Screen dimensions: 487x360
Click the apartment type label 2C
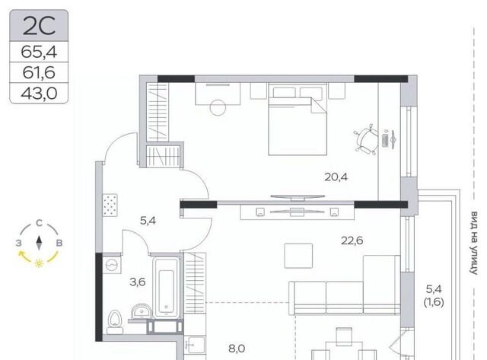pos(39,26)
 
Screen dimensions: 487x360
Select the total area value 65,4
pos(39,52)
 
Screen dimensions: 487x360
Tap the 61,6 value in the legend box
pos(39,72)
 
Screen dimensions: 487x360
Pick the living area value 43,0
pos(39,93)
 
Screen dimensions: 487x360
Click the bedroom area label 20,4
pos(336,177)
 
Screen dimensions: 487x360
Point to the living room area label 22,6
pos(352,241)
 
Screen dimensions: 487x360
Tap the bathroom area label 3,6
pos(138,282)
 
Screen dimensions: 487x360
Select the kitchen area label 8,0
pos(237,349)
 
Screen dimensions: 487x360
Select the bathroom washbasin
pos(142,311)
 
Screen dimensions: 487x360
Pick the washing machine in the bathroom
pos(112,264)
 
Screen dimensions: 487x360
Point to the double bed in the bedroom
pos(298,119)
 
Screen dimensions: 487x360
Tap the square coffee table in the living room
pos(298,256)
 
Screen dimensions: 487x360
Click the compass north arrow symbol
pos(39,243)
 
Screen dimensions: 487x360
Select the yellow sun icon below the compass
pos(39,263)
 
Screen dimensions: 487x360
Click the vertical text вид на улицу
pos(474,243)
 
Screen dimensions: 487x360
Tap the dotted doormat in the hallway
pos(110,205)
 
